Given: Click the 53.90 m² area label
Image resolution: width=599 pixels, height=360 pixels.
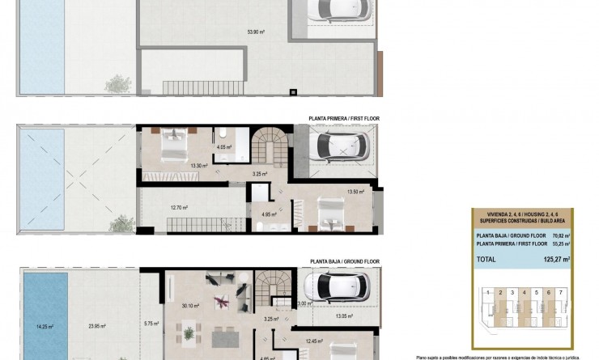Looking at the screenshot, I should [257, 32].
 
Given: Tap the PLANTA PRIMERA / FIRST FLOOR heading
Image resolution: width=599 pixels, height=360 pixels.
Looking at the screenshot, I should [344, 118].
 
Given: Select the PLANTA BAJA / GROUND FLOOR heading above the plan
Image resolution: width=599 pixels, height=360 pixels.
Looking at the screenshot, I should [344, 262].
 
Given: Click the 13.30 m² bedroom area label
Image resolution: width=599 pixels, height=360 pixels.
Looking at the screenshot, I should [198, 166].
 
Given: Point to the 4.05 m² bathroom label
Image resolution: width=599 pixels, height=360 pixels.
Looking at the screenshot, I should [224, 147].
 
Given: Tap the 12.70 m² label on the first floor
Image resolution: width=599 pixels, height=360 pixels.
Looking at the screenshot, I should [179, 207].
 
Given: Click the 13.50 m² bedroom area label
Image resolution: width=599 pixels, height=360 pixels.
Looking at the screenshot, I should [355, 192].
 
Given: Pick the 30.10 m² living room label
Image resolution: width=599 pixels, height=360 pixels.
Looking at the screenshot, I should [191, 305].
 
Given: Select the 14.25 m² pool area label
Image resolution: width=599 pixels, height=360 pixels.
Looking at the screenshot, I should [45, 327].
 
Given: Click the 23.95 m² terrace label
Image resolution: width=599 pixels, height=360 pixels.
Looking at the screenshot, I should [98, 327].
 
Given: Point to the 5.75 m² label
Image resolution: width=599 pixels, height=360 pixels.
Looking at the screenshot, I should [151, 324].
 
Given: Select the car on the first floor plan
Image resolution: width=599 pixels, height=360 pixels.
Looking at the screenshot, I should [342, 146].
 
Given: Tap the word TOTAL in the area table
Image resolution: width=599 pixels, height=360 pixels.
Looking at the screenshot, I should [487, 259].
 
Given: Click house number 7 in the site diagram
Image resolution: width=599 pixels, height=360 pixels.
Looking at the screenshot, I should [560, 292].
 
